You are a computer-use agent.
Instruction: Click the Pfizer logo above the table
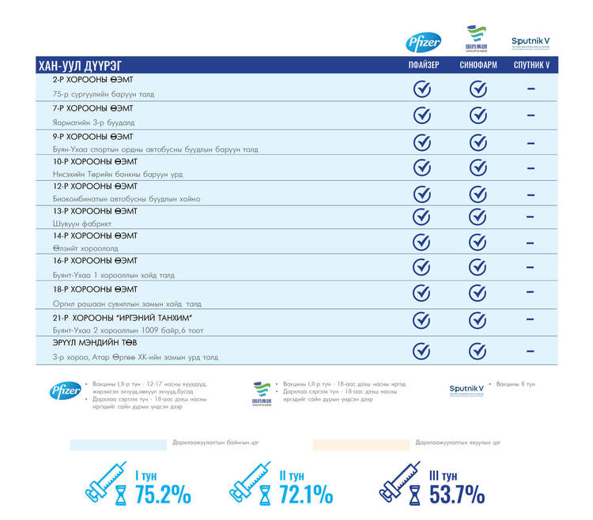pos(424,42)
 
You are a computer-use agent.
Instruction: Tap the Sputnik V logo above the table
pos(531,42)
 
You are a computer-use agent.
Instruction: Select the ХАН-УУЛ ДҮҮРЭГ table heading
pos(80,66)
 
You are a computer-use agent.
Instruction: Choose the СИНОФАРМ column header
pos(478,66)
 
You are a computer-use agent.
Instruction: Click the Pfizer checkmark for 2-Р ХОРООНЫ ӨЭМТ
pos(423,89)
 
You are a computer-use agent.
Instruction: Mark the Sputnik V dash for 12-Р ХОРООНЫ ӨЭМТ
pos(531,194)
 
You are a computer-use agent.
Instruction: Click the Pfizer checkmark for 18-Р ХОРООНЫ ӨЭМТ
pos(423,293)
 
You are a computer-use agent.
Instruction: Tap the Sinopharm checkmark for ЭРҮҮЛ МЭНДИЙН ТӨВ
pos(478,351)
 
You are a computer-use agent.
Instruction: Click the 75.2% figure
pos(163,495)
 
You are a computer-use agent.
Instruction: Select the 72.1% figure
pos(305,495)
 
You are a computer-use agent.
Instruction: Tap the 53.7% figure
pos(457,495)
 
